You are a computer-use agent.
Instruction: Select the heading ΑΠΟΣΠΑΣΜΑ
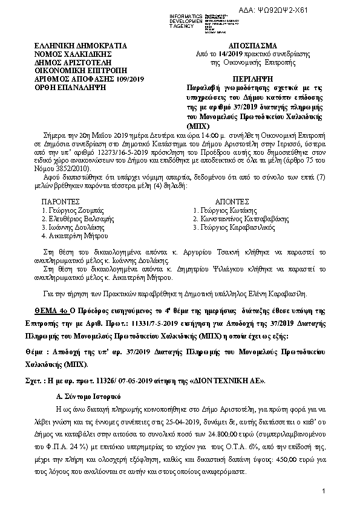[252, 45]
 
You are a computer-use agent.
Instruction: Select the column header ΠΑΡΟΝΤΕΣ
[59, 199]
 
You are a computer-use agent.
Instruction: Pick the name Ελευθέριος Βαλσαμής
[72, 218]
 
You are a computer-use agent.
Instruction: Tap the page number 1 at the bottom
[324, 490]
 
